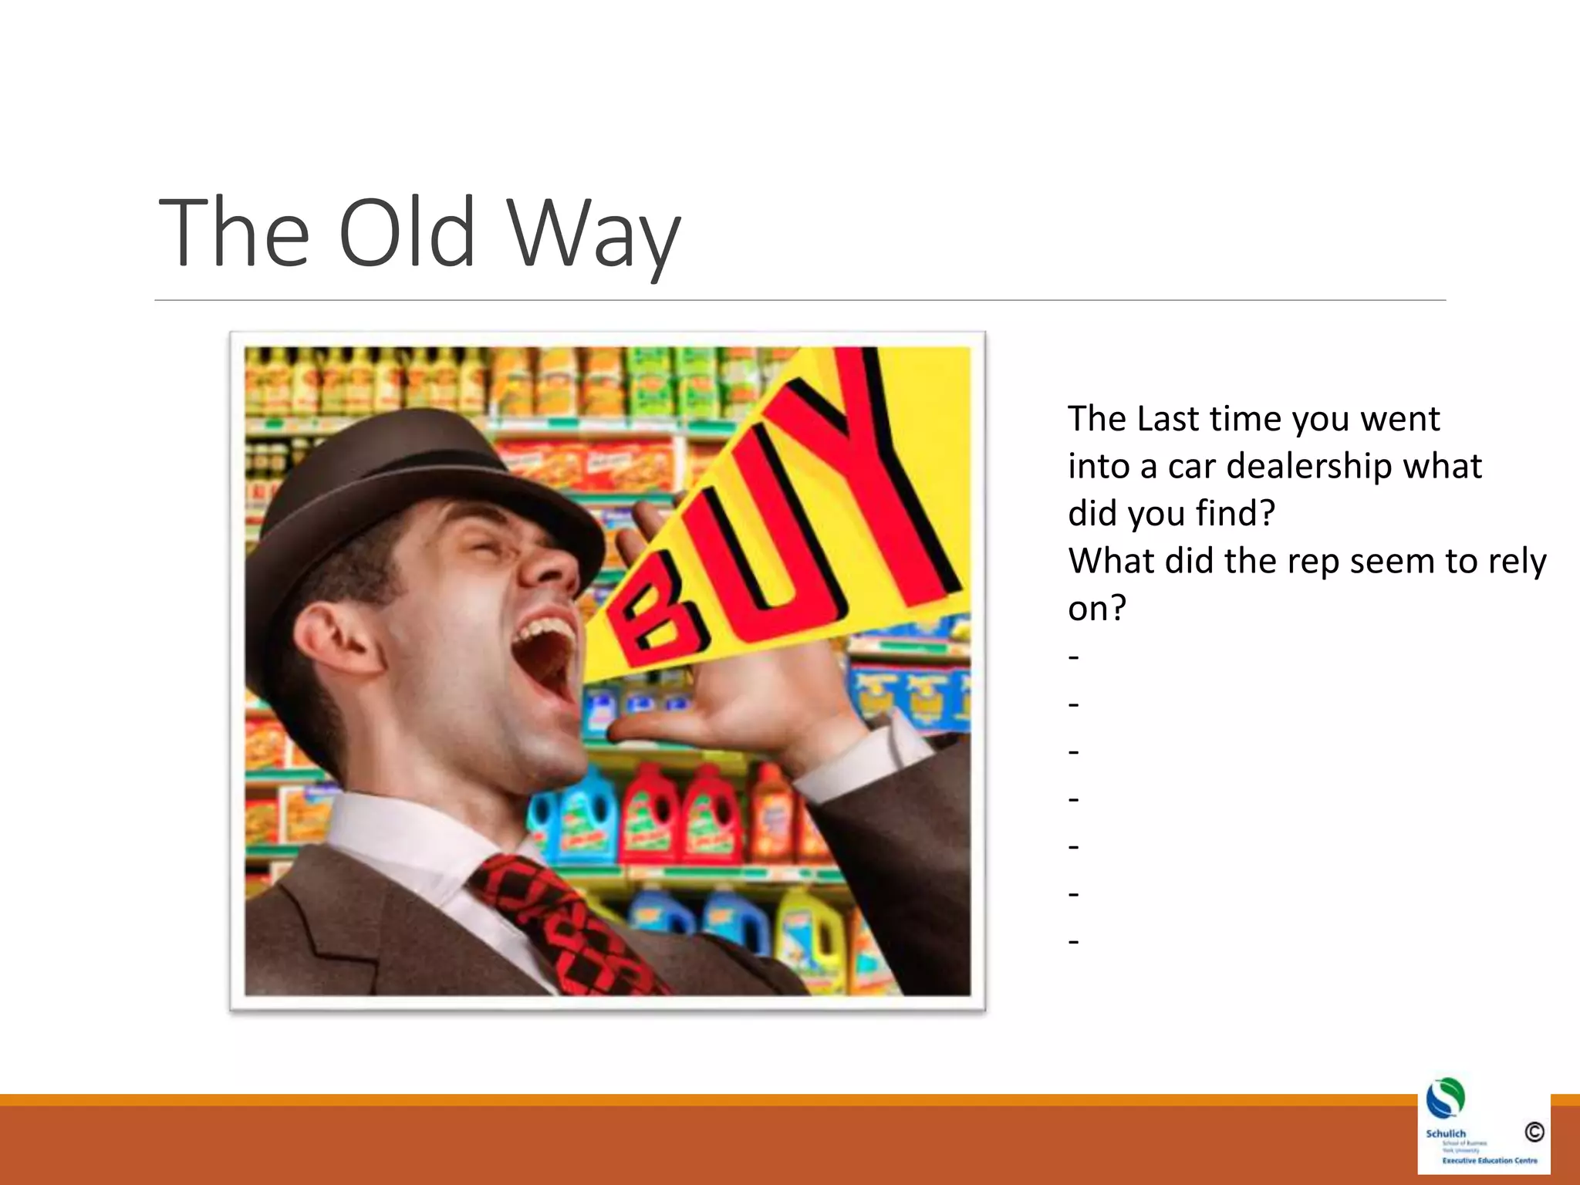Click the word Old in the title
pyautogui.click(x=407, y=233)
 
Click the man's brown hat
pyautogui.click(x=401, y=478)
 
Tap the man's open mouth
pyautogui.click(x=546, y=656)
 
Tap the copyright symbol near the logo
pyautogui.click(x=1534, y=1132)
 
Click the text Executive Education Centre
pyautogui.click(x=1489, y=1160)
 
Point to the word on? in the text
pyautogui.click(x=1096, y=609)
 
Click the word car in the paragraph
pyautogui.click(x=1192, y=467)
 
